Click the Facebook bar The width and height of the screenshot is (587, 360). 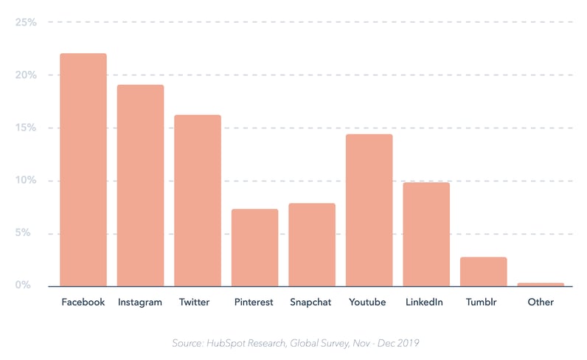(83, 170)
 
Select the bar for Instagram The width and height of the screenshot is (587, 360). (140, 185)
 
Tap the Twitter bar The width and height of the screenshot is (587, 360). (198, 201)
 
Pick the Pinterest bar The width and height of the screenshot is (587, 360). (255, 248)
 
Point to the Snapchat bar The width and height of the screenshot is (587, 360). (312, 245)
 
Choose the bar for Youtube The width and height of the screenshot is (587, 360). (369, 210)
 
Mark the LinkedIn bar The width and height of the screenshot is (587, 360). (426, 235)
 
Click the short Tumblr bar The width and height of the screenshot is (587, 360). (484, 271)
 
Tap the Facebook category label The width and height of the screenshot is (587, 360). (83, 302)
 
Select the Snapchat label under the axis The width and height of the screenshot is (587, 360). (311, 302)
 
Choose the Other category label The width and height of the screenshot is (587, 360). (541, 302)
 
